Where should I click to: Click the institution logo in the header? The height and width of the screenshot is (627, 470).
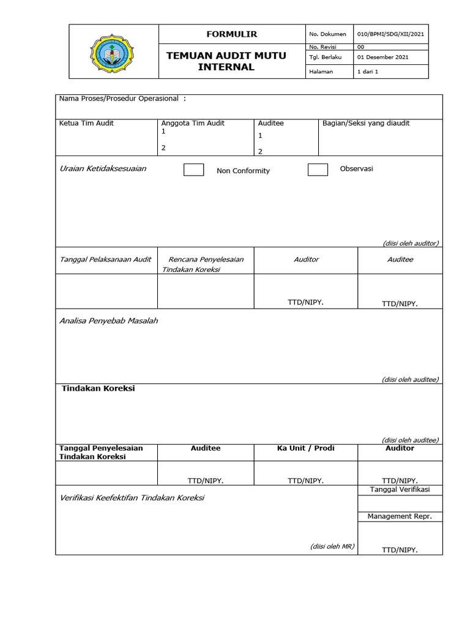click(114, 52)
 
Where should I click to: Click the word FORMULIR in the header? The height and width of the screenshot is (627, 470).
click(232, 34)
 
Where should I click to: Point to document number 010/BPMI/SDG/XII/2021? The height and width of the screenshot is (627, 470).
click(390, 34)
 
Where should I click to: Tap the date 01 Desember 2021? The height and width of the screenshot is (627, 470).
click(382, 57)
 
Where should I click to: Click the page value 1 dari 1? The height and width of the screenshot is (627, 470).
click(368, 72)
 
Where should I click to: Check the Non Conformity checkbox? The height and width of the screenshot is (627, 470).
click(193, 170)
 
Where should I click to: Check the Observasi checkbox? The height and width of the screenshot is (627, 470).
click(318, 170)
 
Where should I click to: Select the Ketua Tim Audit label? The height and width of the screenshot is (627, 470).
click(86, 123)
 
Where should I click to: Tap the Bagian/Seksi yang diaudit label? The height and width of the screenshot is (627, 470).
click(366, 123)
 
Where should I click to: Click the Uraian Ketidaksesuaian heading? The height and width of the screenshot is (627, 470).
click(103, 168)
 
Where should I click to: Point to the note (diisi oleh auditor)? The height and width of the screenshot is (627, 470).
click(411, 243)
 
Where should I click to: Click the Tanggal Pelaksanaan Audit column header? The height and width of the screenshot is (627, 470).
click(105, 259)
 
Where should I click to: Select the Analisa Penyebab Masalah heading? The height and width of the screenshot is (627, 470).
click(108, 320)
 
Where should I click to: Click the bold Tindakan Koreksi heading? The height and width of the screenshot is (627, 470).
click(98, 389)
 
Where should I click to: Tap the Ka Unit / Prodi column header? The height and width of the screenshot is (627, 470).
click(305, 448)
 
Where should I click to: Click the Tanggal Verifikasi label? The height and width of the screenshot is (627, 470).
click(400, 489)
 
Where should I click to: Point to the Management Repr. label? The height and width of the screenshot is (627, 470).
click(400, 516)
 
